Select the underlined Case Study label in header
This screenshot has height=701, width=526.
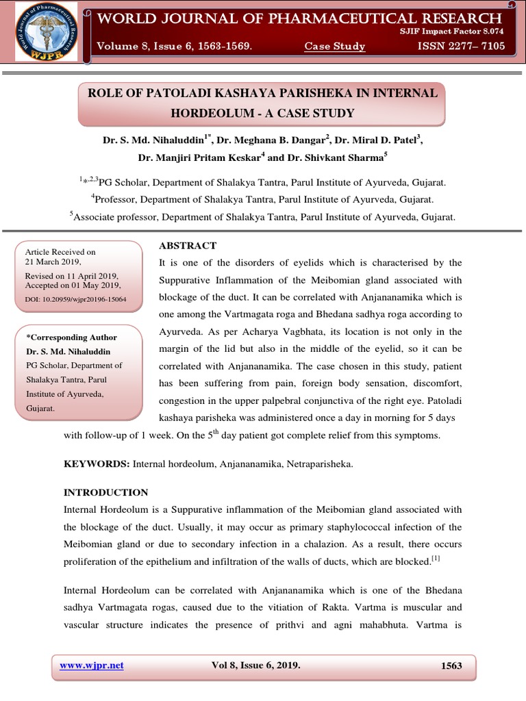click(x=335, y=47)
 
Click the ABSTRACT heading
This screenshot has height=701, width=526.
click(x=188, y=246)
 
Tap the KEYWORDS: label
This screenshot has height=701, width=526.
click(x=97, y=464)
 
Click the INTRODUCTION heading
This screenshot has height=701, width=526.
click(x=105, y=492)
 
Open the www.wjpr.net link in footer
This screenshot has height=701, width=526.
click(x=92, y=665)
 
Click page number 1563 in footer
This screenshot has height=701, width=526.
click(x=451, y=665)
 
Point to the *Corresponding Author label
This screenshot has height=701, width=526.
click(x=71, y=337)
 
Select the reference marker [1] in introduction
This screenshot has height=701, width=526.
click(x=436, y=559)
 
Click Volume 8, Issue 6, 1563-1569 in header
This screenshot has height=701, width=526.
click(x=174, y=47)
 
